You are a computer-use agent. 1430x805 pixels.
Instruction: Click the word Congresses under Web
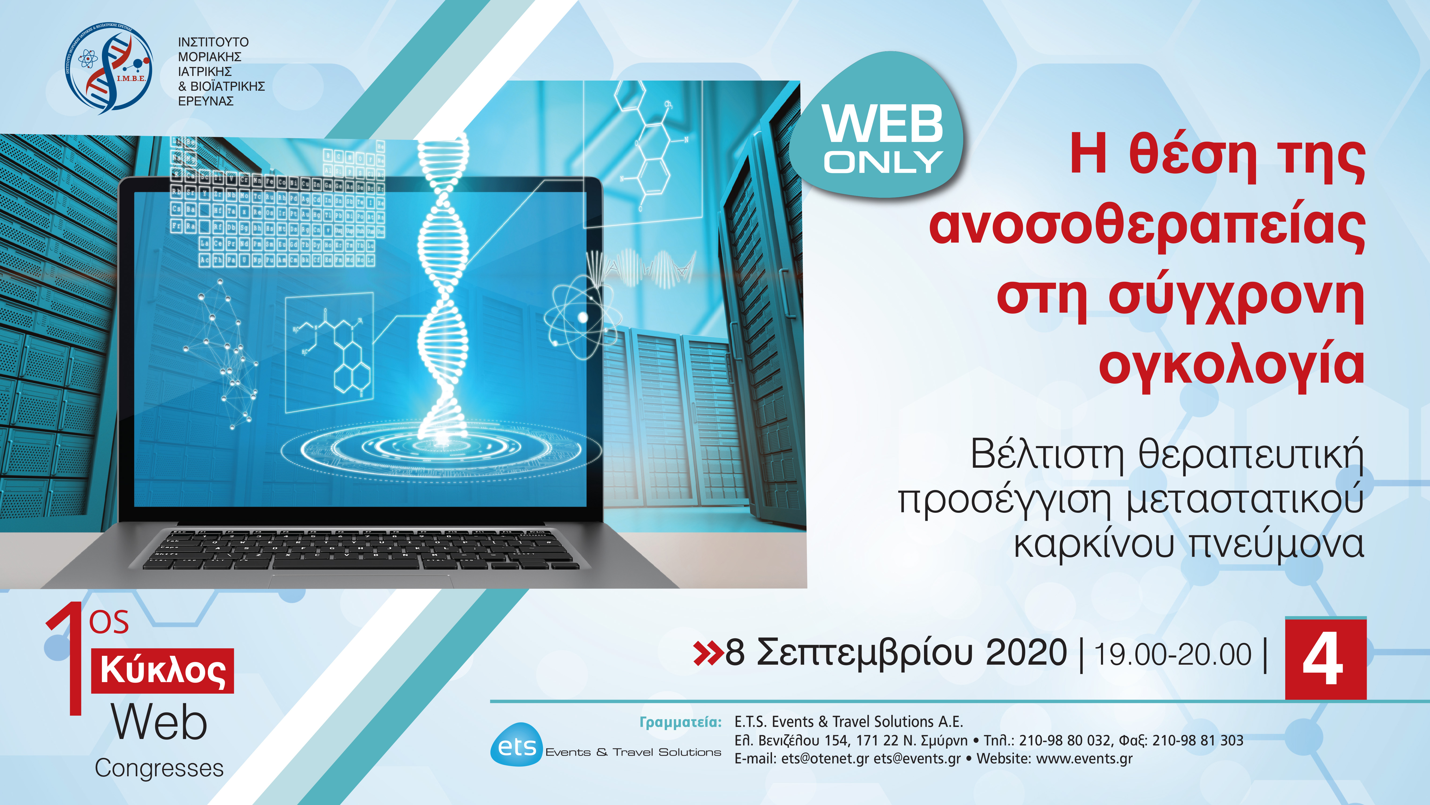point(159,768)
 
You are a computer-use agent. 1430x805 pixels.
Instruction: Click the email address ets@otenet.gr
point(825,759)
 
